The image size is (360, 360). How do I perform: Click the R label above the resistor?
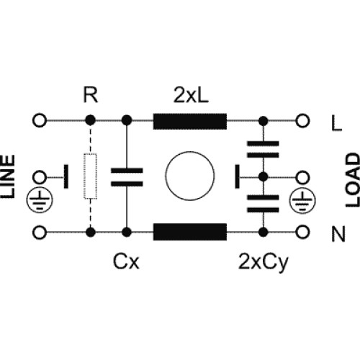coord(91,95)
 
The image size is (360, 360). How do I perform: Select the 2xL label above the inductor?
coord(191,95)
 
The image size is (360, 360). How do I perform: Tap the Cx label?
coord(126,261)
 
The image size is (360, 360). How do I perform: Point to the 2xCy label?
coord(264,263)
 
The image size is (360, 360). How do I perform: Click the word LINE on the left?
coord(8,176)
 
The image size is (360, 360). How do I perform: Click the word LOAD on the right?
coord(353,180)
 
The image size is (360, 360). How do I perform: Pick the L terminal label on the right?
coord(336,123)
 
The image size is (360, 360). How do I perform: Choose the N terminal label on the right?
coord(338,234)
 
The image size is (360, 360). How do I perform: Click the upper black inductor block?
coord(190,122)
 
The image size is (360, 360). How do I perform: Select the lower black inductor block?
coord(190,232)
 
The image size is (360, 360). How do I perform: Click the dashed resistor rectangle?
coord(91,176)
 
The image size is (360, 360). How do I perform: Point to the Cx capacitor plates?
coord(127,177)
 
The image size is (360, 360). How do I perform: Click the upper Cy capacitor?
coord(264,149)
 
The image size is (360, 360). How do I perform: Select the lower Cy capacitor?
coord(264,204)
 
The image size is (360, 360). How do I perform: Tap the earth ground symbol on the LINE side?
coord(40,200)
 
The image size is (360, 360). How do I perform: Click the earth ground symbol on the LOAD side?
coord(302,201)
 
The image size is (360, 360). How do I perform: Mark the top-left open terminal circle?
coord(40,120)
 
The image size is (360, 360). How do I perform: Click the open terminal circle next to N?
coord(302,232)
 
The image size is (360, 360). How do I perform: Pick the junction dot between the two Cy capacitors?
coord(264,177)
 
